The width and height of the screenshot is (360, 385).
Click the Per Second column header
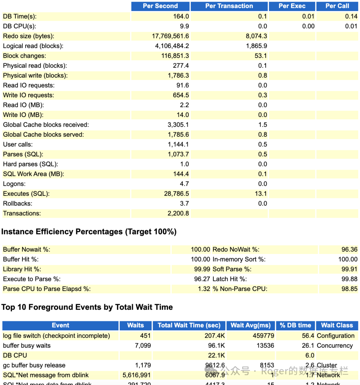160,6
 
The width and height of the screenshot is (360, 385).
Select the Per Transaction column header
229,6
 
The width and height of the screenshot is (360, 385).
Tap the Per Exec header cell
292,6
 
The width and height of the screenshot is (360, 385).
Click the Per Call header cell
337,6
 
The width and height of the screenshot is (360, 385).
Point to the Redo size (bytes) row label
28,36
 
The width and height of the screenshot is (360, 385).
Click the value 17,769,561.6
170,36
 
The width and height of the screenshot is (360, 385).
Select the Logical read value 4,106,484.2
172,46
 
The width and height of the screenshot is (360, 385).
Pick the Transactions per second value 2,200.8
178,213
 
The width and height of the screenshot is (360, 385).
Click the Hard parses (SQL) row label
30,164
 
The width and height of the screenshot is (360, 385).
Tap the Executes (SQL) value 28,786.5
176,194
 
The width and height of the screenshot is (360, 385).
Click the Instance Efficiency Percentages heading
89,232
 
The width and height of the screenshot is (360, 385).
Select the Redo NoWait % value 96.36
349,249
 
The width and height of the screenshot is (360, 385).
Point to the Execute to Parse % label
32,279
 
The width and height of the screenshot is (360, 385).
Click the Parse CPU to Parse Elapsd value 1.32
204,289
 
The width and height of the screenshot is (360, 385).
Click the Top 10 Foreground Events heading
87,307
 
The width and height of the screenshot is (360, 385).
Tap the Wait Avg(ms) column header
250,325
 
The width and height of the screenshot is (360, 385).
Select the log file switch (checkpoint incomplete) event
56,336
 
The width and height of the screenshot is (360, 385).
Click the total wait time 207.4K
214,336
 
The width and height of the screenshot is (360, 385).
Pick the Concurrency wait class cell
334,346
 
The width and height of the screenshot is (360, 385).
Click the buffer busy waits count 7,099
143,346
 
